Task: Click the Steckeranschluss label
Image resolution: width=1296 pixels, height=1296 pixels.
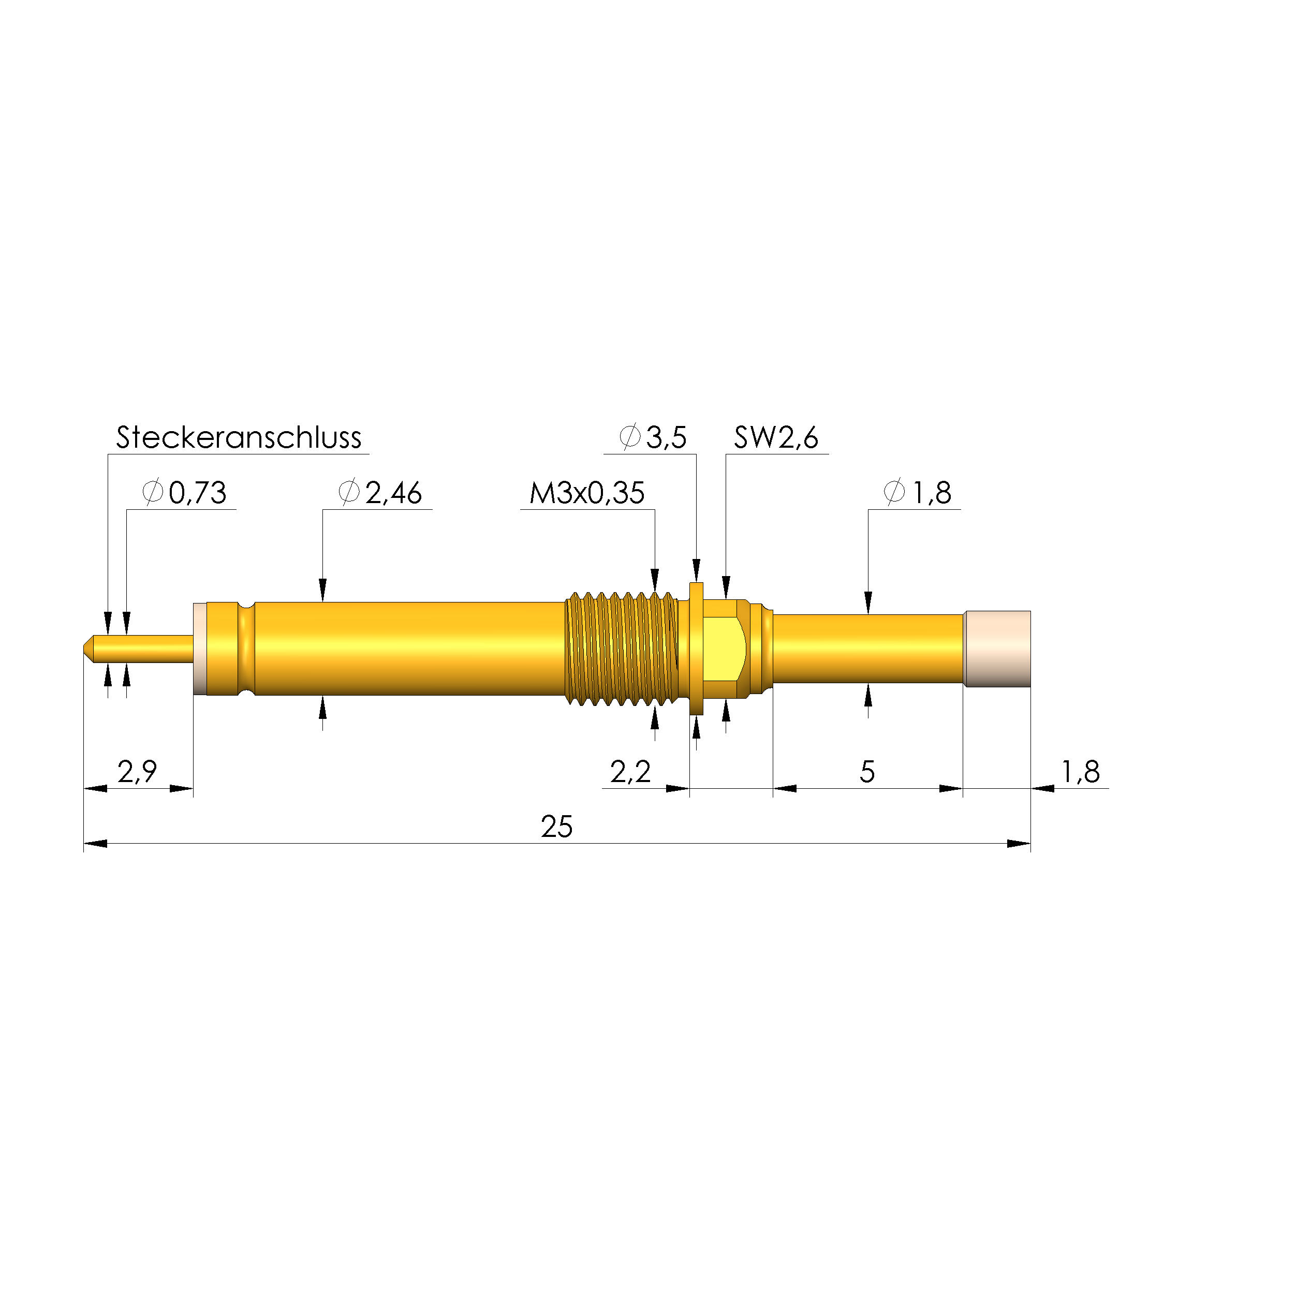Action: point(238,437)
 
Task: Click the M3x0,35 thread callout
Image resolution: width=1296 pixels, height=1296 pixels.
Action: point(587,493)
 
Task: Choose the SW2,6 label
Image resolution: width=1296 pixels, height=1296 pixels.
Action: point(776,437)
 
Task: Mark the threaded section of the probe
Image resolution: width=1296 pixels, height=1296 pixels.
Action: point(621,648)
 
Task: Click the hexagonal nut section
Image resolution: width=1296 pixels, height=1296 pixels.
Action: point(725,648)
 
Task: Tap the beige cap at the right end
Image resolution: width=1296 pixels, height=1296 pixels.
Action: point(997,649)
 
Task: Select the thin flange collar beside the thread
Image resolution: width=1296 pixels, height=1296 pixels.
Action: point(696,648)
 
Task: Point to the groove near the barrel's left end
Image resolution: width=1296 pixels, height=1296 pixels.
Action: point(246,648)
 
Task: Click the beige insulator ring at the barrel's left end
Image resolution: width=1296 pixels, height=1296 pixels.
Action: point(199,648)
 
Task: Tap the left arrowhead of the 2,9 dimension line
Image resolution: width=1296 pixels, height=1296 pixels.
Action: point(95,789)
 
